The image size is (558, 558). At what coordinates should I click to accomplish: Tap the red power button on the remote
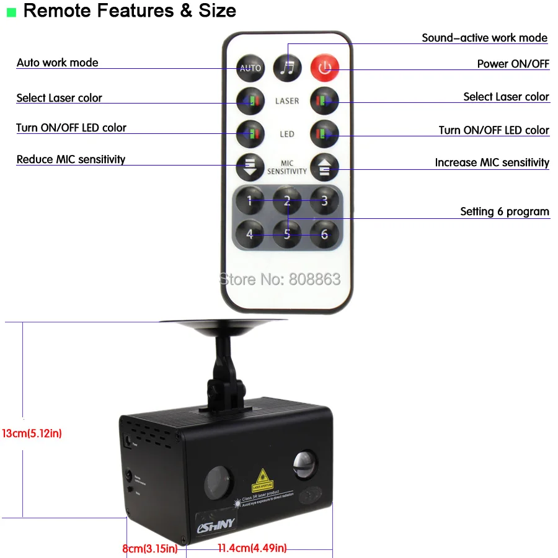point(324,67)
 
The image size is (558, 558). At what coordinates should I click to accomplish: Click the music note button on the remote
point(287,67)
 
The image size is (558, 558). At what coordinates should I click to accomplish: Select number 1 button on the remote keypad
point(250,200)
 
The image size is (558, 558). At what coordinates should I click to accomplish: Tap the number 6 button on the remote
point(324,234)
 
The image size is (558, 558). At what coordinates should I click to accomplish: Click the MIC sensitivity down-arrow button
point(250,167)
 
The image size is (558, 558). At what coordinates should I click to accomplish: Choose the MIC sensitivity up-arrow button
point(324,167)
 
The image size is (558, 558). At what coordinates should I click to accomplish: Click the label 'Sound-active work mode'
point(484,38)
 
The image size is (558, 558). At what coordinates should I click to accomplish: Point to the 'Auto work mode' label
point(57,63)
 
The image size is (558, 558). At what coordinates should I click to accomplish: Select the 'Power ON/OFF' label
point(513,64)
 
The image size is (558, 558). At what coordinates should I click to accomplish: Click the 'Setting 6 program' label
point(504,211)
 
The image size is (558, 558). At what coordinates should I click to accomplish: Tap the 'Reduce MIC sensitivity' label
point(71,159)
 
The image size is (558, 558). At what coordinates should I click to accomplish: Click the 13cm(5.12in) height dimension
point(32,433)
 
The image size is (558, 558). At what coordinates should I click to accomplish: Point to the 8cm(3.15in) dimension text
point(149,548)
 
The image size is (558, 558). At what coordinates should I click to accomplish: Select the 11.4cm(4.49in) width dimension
point(252,548)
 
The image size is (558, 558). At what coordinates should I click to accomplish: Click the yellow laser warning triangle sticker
point(263,480)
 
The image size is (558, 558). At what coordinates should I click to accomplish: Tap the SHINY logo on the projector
point(216,525)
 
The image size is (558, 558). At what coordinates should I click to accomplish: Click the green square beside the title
point(11,12)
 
